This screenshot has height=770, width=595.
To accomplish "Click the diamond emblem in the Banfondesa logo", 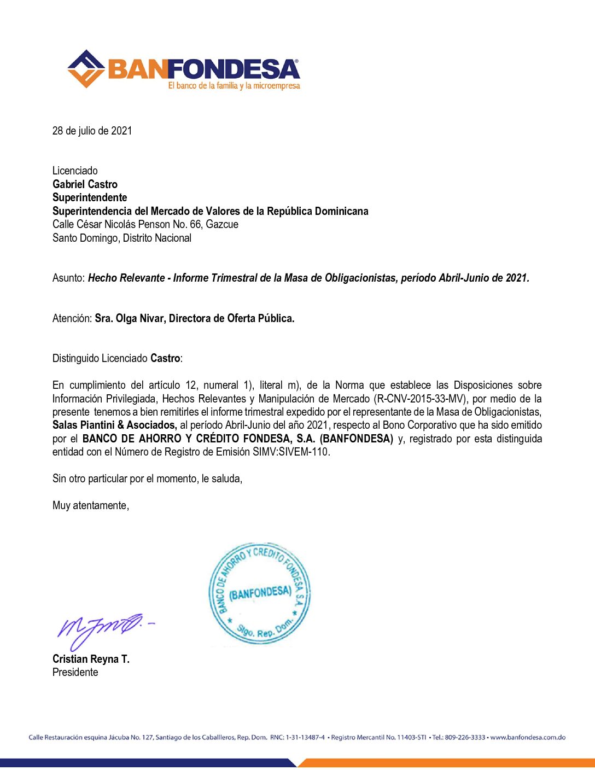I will (86, 69).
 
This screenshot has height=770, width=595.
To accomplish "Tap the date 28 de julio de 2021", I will (92, 131).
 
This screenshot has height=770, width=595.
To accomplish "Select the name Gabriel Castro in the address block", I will (85, 184).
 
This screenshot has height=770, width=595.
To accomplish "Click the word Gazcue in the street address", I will (222, 224).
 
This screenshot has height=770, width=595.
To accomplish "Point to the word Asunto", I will (69, 278).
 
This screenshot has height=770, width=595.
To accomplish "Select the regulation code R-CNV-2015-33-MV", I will (421, 399).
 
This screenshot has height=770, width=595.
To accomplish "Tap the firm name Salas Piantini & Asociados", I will (114, 425).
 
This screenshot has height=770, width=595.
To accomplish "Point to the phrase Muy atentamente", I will (90, 505).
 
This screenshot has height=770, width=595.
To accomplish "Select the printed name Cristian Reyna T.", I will (91, 659).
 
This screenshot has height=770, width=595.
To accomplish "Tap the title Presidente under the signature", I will (75, 672).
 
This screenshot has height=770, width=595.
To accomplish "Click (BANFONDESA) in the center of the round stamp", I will (260, 593).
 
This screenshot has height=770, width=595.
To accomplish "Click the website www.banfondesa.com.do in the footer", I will (528, 737).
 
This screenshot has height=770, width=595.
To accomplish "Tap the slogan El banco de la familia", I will (202, 86).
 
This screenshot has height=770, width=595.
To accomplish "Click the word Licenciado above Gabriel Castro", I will (75, 171).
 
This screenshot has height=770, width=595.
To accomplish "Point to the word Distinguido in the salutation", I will (76, 359).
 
